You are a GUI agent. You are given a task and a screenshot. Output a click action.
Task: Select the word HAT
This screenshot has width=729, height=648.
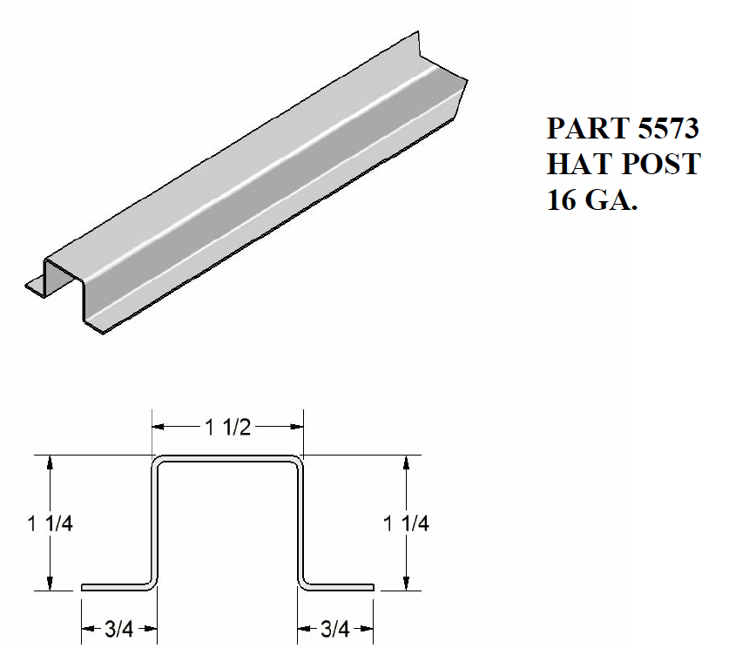576,165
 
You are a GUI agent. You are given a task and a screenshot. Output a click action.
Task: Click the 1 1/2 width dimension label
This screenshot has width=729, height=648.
227,426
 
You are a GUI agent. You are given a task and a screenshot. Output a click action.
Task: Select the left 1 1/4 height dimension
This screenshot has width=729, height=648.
50,523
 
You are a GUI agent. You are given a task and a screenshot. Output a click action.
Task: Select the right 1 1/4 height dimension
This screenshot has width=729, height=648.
407,523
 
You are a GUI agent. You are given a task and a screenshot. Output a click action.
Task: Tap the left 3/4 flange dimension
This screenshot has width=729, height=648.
119,628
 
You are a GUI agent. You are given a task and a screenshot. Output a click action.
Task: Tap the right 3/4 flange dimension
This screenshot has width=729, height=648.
336,628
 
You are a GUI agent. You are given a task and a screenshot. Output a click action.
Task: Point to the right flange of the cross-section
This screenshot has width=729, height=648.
340,587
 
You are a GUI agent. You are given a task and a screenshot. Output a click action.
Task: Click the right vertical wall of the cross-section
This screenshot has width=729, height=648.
300,523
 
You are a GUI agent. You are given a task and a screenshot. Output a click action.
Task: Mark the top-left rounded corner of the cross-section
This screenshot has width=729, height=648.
159,462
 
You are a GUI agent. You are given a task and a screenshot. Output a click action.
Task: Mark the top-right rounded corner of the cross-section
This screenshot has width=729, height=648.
299,462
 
